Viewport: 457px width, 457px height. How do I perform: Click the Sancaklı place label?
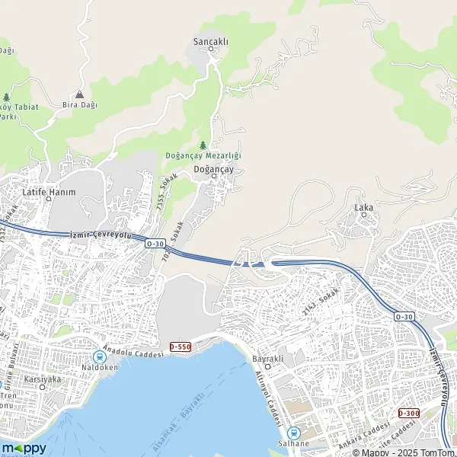pyautogui.click(x=211, y=42)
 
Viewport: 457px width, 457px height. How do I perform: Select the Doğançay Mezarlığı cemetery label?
pyautogui.click(x=203, y=155)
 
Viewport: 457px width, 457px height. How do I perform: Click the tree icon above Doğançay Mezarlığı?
pyautogui.click(x=203, y=145)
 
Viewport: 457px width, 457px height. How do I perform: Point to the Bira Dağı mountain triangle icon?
pyautogui.click(x=78, y=94)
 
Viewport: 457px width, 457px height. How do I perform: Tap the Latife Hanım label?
pyautogui.click(x=50, y=192)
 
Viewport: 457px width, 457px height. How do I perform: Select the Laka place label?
pyautogui.click(x=363, y=206)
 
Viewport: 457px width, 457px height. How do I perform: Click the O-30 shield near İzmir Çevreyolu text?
pyautogui.click(x=155, y=243)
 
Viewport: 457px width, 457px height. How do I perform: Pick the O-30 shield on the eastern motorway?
pyautogui.click(x=404, y=315)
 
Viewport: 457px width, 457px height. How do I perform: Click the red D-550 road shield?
pyautogui.click(x=180, y=347)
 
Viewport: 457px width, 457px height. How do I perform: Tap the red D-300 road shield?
pyautogui.click(x=408, y=413)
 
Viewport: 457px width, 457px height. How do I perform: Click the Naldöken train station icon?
pyautogui.click(x=100, y=356)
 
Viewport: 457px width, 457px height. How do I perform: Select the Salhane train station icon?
pyautogui.click(x=293, y=432)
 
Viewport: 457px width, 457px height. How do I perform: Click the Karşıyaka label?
pyautogui.click(x=39, y=379)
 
